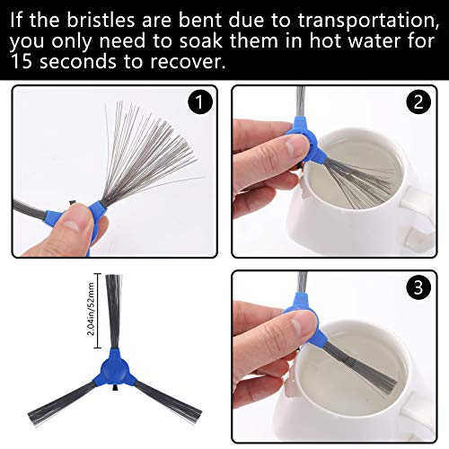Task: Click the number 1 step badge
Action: pos(200,102)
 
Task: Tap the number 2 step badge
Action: pos(418,101)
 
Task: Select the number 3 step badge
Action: pos(418,286)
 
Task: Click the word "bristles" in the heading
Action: pos(101,21)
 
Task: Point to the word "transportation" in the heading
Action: pos(369,21)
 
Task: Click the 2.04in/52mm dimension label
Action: pos(92,309)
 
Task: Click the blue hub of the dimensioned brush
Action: pos(114,369)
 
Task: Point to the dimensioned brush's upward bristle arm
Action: pos(114,312)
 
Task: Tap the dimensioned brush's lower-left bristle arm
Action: pos(61,401)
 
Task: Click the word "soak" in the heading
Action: pos(200,40)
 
